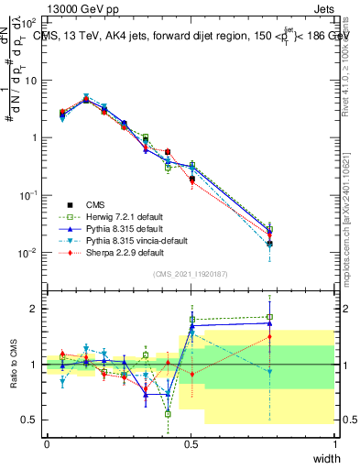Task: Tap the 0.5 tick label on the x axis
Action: pyautogui.click(x=191, y=444)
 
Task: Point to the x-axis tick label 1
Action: pyautogui.click(x=334, y=444)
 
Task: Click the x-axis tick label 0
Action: pyautogui.click(x=47, y=444)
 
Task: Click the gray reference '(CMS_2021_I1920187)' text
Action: pyautogui.click(x=191, y=274)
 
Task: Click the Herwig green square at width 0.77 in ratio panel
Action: pyautogui.click(x=269, y=318)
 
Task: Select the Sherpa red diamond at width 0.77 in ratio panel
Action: pyautogui.click(x=269, y=337)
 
